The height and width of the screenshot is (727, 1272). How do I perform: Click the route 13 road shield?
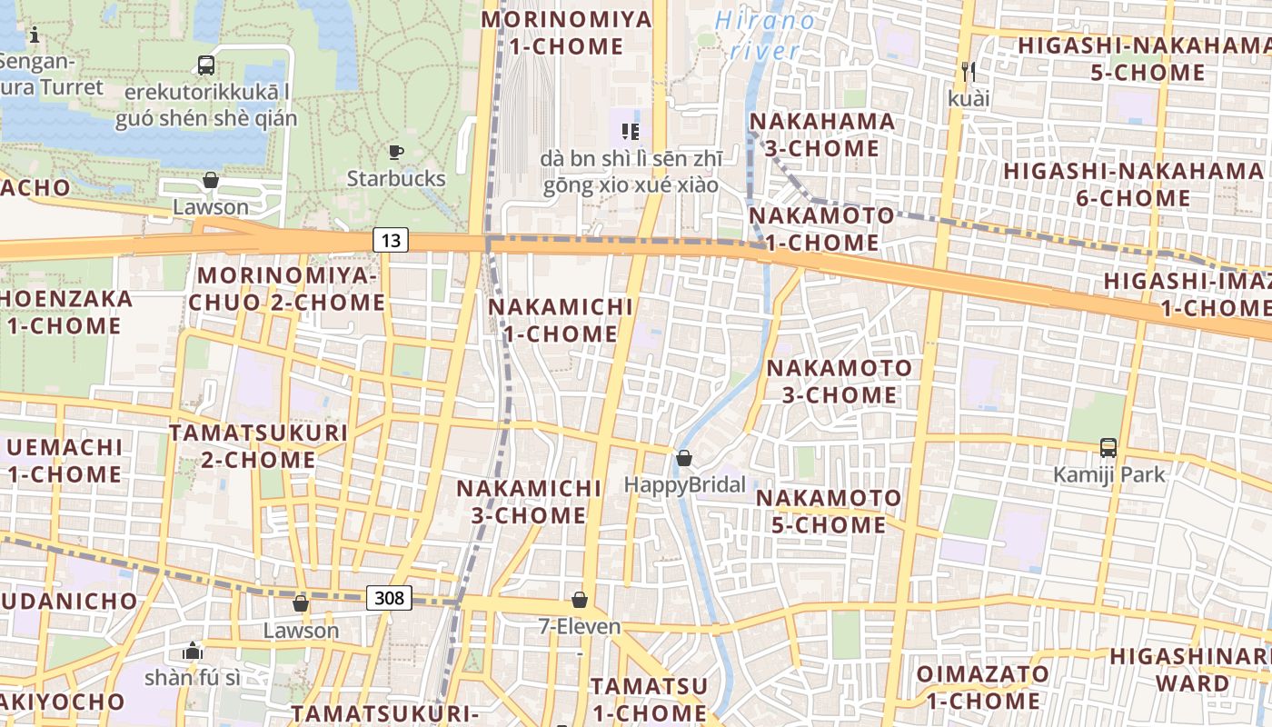click(390, 240)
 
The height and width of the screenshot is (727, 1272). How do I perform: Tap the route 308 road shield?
click(390, 597)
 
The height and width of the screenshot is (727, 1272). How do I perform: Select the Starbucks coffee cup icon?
click(395, 152)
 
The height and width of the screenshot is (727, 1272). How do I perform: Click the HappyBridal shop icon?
click(684, 458)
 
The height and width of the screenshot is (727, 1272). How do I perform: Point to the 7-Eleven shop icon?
click(579, 600)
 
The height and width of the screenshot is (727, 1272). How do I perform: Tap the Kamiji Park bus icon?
click(1108, 447)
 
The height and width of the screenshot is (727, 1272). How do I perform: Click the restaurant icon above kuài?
click(968, 71)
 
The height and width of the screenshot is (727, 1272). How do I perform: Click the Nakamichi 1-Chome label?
click(560, 320)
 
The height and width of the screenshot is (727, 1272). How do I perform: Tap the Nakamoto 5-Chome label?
click(829, 511)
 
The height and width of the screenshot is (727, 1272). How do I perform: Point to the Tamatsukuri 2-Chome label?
click(258, 445)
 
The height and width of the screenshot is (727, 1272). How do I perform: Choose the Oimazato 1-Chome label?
click(982, 687)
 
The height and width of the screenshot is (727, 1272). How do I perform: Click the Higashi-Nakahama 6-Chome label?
click(1133, 184)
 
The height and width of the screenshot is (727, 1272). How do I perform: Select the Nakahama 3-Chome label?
click(822, 134)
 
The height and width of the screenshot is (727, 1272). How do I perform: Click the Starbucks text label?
click(396, 178)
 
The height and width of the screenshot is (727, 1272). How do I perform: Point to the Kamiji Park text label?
click(1108, 474)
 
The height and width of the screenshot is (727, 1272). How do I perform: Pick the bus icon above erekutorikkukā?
click(206, 65)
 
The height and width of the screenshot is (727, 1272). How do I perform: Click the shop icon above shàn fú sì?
click(193, 651)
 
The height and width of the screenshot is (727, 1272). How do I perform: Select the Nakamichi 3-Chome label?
click(529, 502)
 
